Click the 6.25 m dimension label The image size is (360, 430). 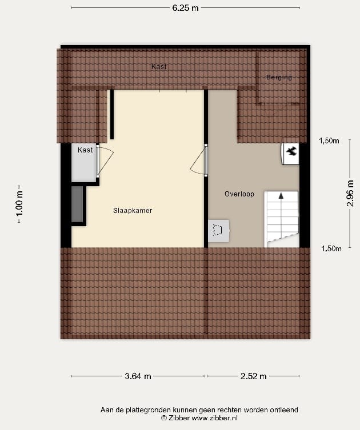pos(186,8)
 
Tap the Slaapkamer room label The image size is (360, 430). pos(133,211)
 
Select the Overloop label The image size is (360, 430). pos(239,194)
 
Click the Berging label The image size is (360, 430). pos(279,77)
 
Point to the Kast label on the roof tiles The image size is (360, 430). pos(159,67)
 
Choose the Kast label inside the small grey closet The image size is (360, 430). pos(86,150)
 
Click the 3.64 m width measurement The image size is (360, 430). pos(138,376)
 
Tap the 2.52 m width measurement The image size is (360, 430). pos(254,376)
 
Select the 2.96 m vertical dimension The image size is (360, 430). pos(350,194)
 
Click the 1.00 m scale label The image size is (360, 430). pos(20,203)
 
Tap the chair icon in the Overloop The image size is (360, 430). pos(218,230)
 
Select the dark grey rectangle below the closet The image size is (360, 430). pos(78,204)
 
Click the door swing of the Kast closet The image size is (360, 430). pos(105,160)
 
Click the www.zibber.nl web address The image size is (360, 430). pos(215,418)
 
